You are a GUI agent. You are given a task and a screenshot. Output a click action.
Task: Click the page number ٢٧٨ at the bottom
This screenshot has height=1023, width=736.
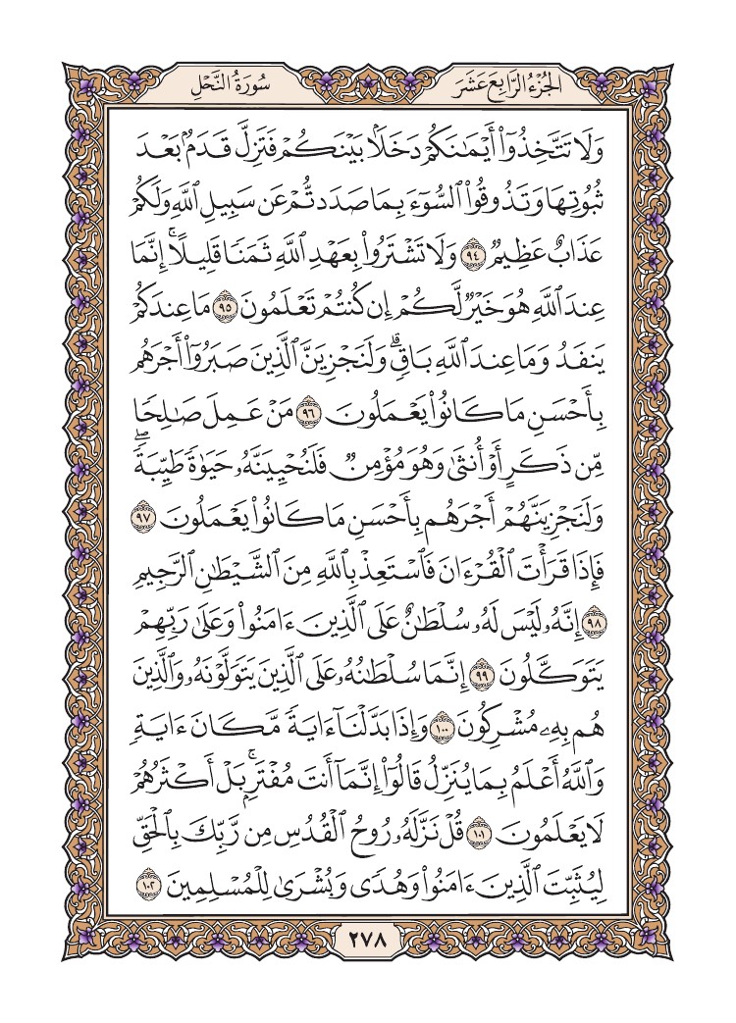368,944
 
